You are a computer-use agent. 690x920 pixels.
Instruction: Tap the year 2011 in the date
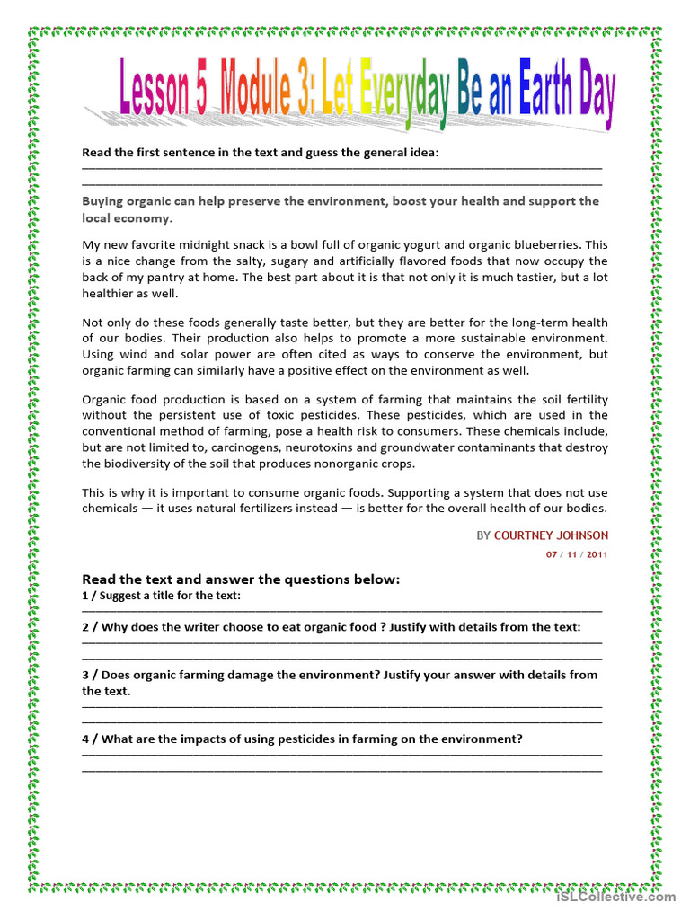[597, 554]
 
